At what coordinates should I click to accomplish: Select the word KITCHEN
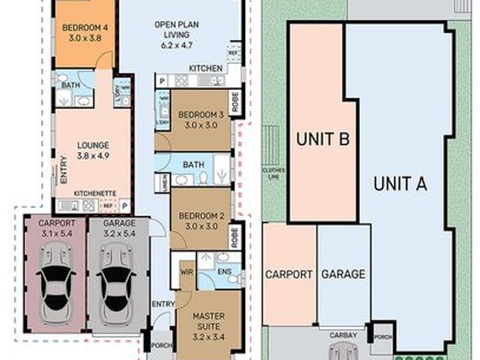click(205, 68)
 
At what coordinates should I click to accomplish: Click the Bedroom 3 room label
click(201, 120)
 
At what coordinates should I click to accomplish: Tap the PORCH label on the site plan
click(382, 340)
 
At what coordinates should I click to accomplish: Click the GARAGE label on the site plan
click(343, 274)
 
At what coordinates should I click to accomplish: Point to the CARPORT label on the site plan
click(289, 274)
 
